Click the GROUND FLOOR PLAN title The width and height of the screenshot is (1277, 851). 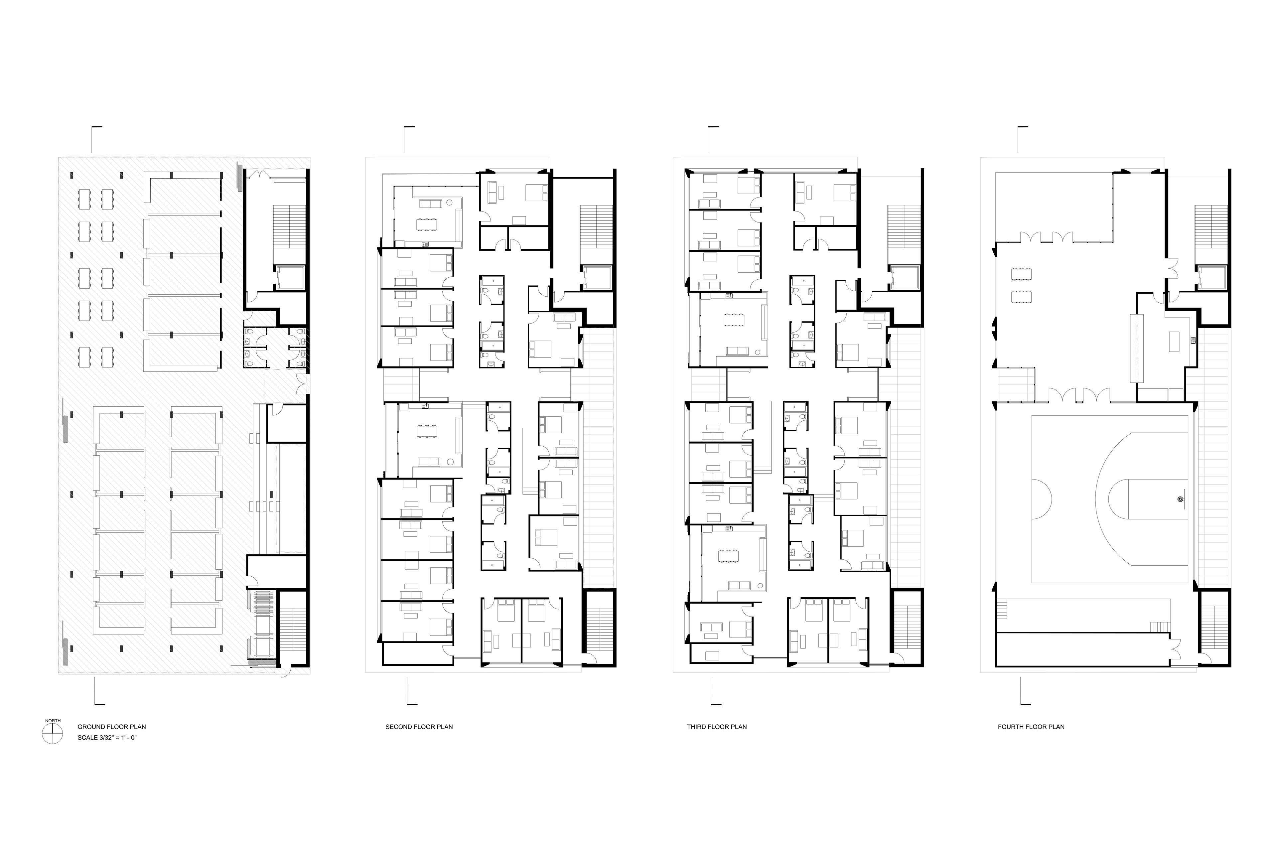111,727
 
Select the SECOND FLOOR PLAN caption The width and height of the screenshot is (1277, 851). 419,727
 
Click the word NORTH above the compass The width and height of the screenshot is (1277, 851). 53,721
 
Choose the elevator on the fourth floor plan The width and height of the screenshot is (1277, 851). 1212,278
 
